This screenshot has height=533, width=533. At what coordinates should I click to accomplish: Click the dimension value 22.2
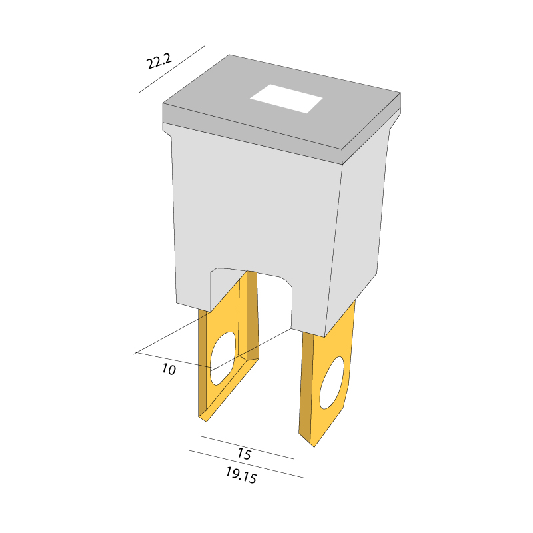(x=159, y=61)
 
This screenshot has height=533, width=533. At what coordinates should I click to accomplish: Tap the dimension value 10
(x=169, y=369)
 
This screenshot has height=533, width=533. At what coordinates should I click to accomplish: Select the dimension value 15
(x=244, y=454)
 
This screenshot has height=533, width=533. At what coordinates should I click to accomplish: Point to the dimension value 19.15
(x=241, y=475)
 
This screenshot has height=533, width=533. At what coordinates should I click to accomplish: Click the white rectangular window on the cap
(x=286, y=99)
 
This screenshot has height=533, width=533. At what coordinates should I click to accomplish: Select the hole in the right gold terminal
(x=332, y=382)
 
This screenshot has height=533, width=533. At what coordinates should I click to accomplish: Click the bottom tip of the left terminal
(x=207, y=422)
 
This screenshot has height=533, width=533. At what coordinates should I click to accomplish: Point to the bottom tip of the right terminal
(x=314, y=447)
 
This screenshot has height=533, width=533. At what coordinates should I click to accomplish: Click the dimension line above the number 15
(x=246, y=447)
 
